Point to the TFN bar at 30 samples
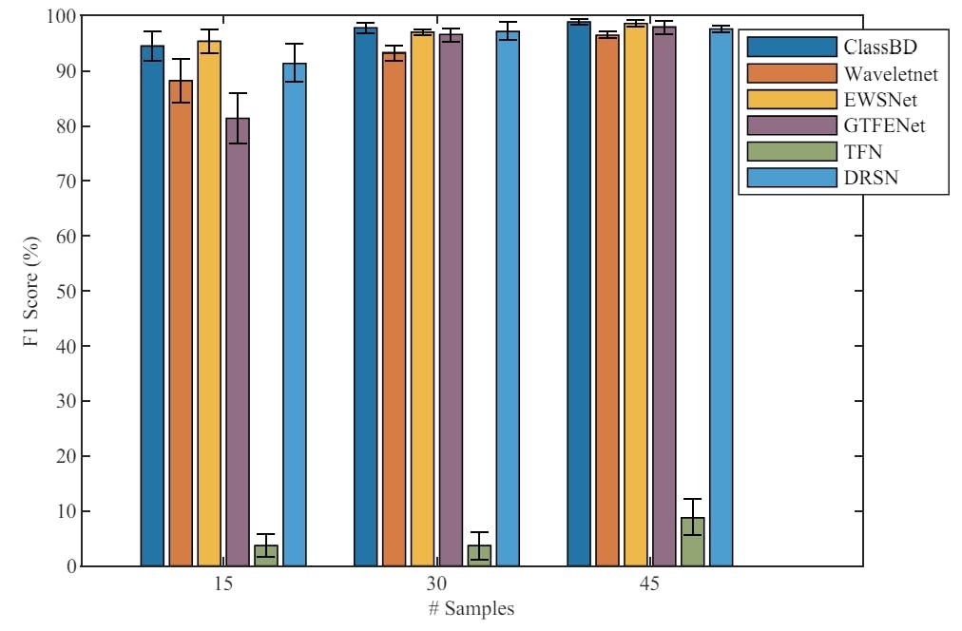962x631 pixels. point(479,556)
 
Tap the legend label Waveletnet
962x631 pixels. point(888,71)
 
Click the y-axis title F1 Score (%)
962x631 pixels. point(30,291)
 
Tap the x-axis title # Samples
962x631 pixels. point(471,609)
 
